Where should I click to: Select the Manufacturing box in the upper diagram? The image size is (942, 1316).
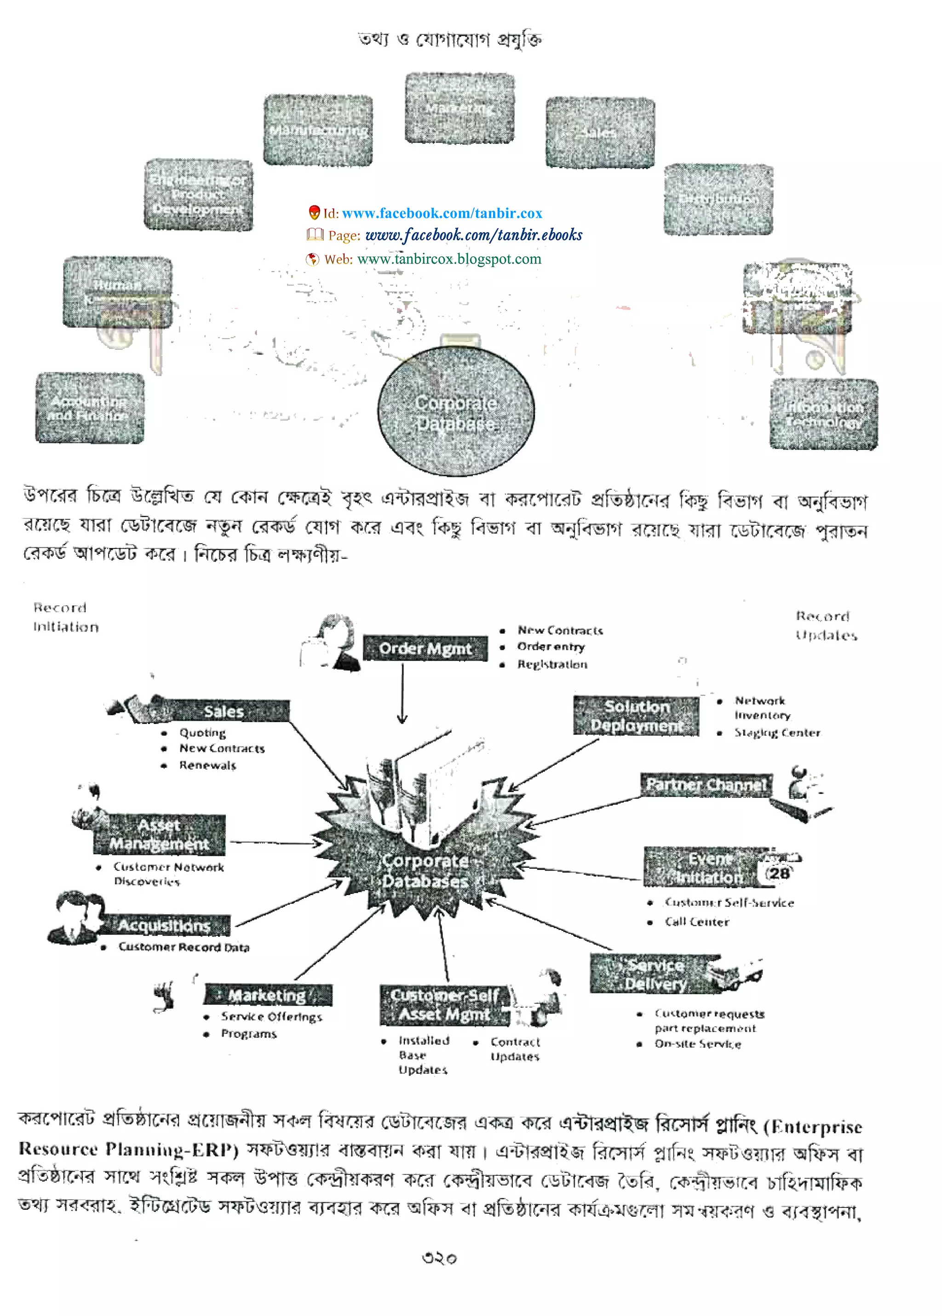(x=318, y=131)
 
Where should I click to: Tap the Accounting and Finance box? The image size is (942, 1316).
(x=89, y=408)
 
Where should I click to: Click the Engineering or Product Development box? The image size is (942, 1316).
(x=198, y=195)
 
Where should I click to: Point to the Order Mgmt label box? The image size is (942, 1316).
(x=425, y=648)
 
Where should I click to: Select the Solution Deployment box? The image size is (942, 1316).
(x=636, y=716)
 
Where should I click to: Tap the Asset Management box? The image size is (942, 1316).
(x=159, y=834)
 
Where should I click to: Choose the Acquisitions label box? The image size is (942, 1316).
(x=164, y=925)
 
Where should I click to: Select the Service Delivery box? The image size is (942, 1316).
(x=655, y=974)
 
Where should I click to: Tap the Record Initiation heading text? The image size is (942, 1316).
(x=66, y=617)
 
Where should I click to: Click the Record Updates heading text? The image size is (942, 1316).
(x=826, y=626)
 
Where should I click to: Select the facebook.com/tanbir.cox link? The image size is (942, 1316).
(x=442, y=213)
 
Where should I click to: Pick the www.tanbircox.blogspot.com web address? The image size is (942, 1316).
(x=449, y=259)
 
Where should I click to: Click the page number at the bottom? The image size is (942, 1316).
(x=439, y=1258)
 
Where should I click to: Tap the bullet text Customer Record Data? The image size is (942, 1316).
(x=184, y=947)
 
